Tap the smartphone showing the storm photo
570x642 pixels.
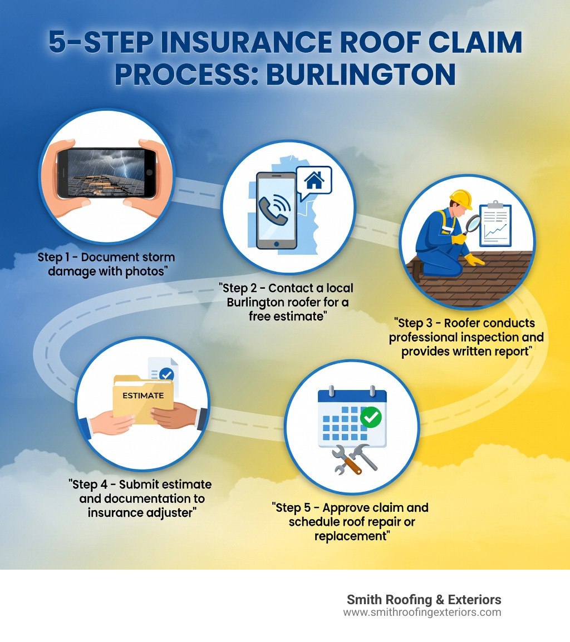106,172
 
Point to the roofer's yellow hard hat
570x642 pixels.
461,198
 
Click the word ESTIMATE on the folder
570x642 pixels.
143,396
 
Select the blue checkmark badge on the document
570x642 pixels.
166,374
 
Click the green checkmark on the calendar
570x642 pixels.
371,418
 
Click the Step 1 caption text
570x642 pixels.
106,264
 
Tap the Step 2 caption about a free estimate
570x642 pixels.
286,303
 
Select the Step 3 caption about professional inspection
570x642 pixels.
465,337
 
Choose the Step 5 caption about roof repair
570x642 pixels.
351,522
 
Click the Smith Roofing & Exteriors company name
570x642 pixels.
424,600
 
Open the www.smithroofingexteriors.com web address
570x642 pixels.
421,613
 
